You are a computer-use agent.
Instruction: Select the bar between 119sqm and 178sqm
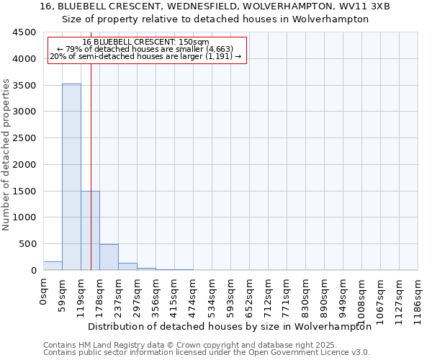(x=90, y=230)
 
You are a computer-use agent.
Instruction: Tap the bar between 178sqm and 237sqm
(x=109, y=257)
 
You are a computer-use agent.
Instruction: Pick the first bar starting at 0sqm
(x=53, y=266)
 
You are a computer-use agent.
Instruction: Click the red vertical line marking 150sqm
(x=91, y=158)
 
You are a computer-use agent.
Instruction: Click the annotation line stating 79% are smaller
(x=147, y=49)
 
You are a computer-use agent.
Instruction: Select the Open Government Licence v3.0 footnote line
(x=206, y=353)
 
